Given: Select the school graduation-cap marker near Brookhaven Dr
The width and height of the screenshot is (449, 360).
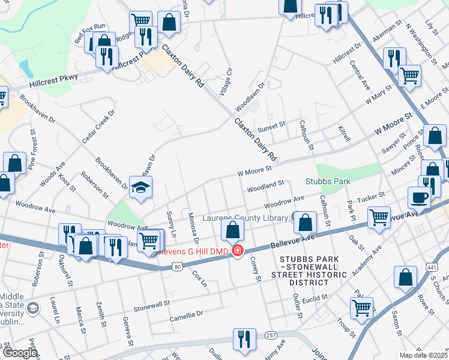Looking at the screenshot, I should click(140, 187).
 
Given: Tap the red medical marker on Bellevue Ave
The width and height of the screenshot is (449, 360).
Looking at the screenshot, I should click(238, 250).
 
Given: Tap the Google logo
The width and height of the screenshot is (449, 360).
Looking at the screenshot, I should click(20, 353).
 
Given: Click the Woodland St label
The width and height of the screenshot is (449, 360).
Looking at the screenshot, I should click(264, 186).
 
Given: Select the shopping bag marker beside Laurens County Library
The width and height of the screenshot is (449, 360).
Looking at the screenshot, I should click(306, 223).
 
